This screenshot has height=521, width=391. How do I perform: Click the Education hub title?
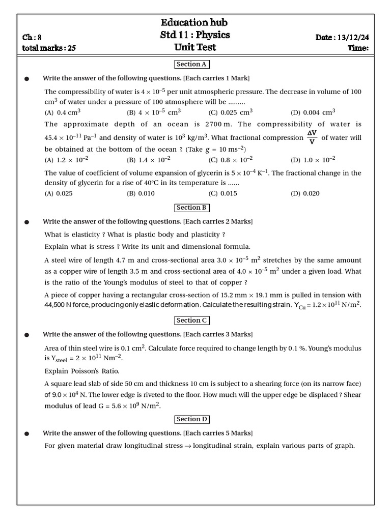tap(194, 22)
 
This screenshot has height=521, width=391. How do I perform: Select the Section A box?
tap(192, 64)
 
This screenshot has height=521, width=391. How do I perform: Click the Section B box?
tap(192, 208)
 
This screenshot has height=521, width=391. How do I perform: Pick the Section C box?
tap(192, 321)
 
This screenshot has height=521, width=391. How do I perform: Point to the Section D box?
tap(192, 419)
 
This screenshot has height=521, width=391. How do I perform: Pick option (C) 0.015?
tap(223, 193)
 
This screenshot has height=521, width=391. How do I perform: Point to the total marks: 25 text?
tap(49, 48)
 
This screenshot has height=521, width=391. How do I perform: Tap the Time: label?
tap(358, 48)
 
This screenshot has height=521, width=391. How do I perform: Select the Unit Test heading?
tap(194, 47)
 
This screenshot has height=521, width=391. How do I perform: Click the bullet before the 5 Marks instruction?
tap(27, 433)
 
